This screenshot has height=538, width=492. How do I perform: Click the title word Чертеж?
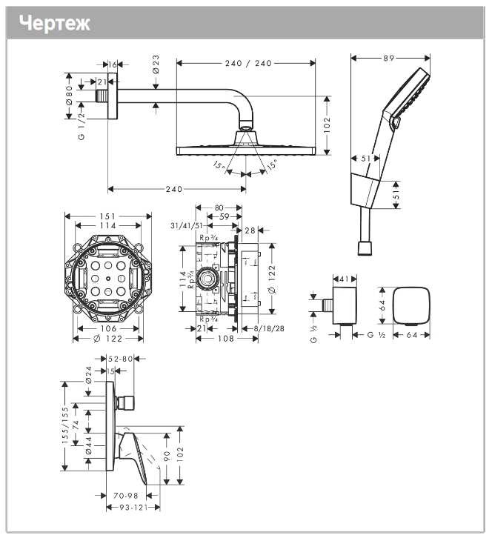(x=55, y=23)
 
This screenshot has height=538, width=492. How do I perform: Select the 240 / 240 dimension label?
(x=246, y=63)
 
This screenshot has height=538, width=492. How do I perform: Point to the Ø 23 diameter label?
(x=156, y=69)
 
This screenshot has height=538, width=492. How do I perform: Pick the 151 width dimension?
(x=107, y=216)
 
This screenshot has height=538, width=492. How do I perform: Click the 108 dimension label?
(x=226, y=339)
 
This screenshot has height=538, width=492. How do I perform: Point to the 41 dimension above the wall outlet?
(x=343, y=279)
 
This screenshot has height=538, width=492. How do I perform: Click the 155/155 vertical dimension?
(x=65, y=425)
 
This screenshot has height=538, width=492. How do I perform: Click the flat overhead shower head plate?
(x=246, y=150)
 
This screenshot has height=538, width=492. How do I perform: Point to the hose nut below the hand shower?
(x=364, y=247)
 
